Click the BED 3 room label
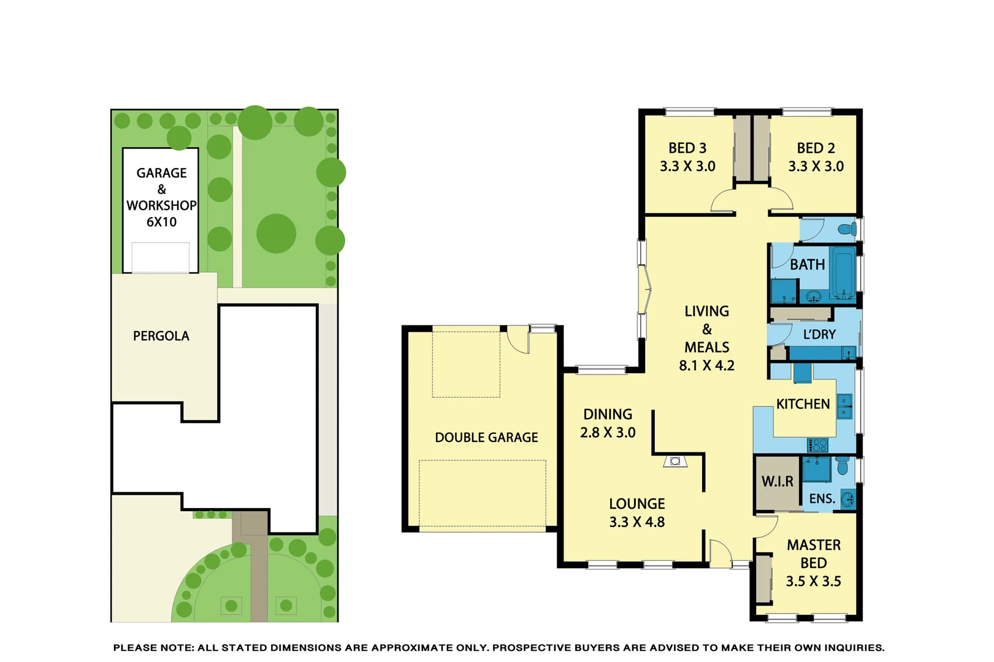687,148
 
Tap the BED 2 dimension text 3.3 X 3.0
816,166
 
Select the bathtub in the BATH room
843,272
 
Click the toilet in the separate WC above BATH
847,230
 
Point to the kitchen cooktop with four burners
817,444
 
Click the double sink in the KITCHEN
845,406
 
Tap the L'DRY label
819,335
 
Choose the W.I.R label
777,482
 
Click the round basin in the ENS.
847,499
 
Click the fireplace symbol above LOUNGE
675,461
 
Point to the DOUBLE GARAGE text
486,438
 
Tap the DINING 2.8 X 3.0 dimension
608,433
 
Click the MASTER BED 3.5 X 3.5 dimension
813,581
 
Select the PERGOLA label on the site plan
161,336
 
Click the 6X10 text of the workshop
161,222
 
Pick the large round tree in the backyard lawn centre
276,234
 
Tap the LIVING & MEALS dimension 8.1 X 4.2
706,365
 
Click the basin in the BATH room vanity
813,298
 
